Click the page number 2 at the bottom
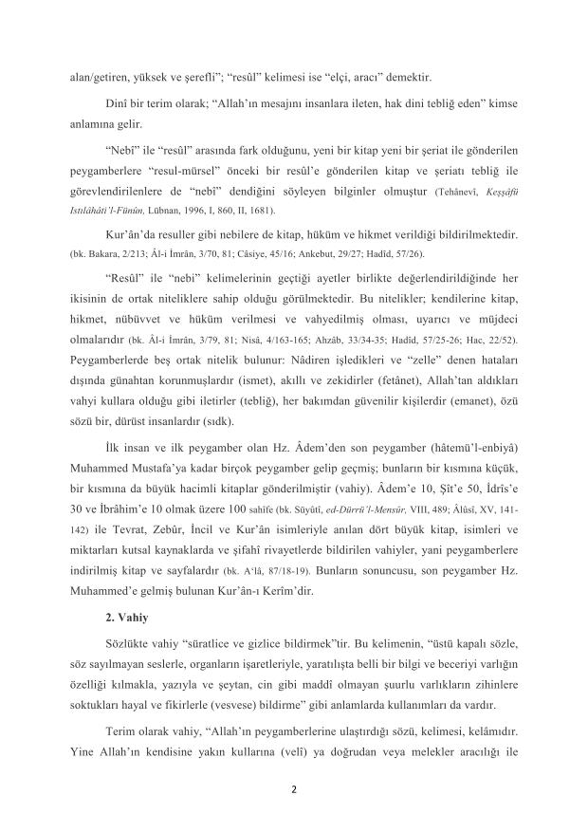tap(294, 786)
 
